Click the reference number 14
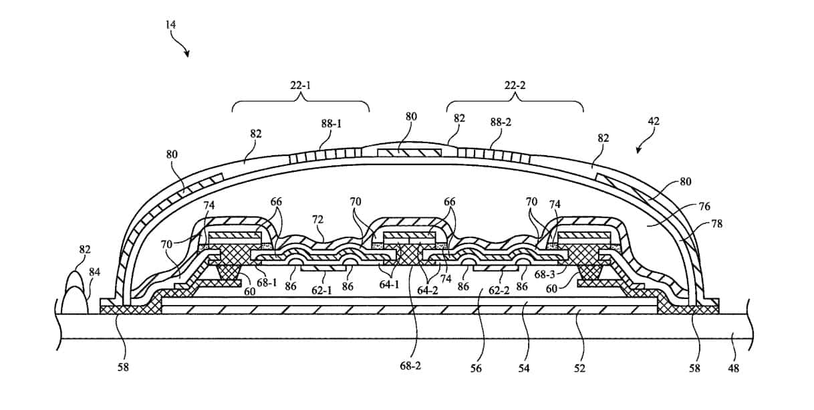[172, 24]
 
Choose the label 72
[317, 219]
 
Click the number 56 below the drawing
[475, 367]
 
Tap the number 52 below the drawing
[579, 367]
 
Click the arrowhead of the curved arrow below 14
[186, 54]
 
